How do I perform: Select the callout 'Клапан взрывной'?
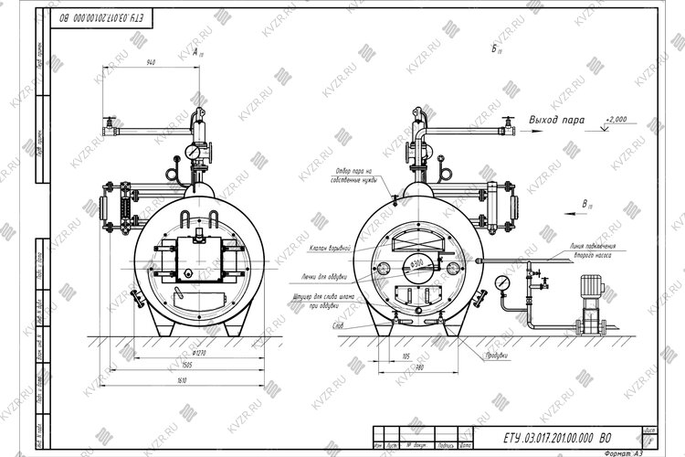(x=332, y=248)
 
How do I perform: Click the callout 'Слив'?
(x=338, y=324)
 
